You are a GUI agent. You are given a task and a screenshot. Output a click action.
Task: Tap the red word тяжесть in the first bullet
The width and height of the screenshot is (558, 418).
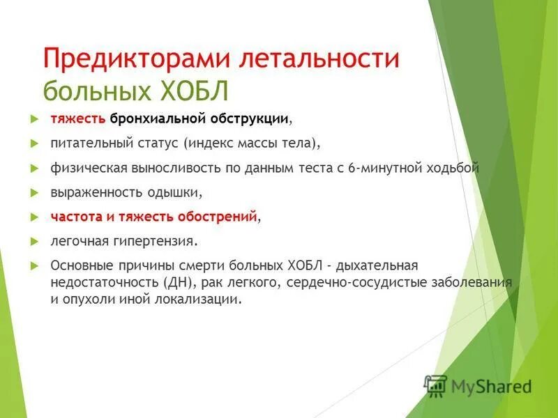point(77,118)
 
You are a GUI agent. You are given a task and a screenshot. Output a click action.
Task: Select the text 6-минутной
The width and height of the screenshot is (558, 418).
point(400,168)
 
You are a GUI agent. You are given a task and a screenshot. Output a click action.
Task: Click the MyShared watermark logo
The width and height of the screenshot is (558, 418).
point(478,385)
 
